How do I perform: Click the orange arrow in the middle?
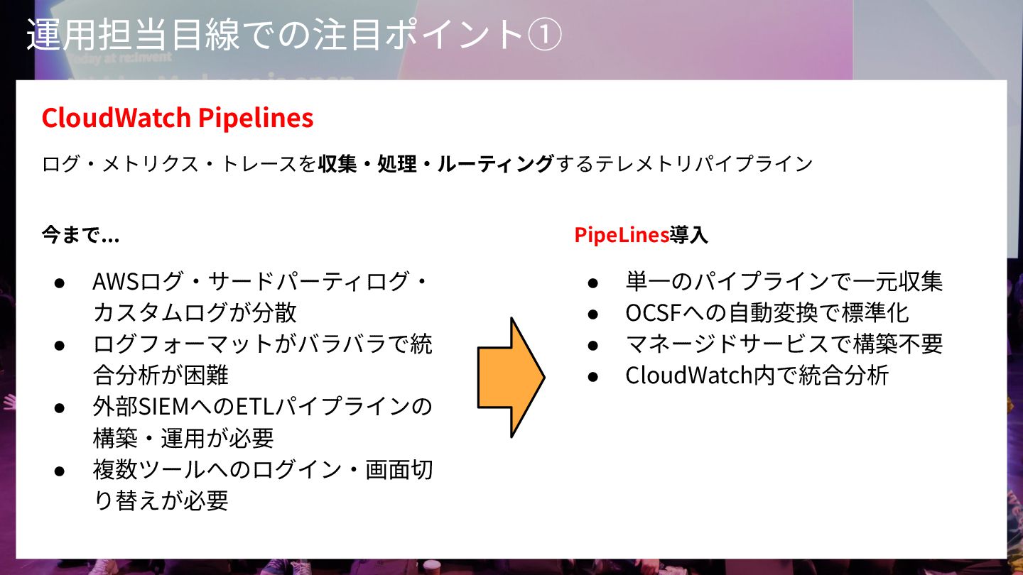pos(511,377)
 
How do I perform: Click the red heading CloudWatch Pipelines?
pos(178,118)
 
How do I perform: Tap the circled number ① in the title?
pos(545,35)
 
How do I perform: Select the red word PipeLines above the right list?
pos(622,236)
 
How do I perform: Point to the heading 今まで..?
pos(80,236)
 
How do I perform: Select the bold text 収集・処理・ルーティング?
pos(435,165)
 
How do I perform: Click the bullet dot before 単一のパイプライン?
pos(593,283)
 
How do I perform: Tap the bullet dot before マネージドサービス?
pos(593,345)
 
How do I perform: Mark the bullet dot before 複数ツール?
pos(60,471)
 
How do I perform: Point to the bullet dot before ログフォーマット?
pos(60,345)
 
